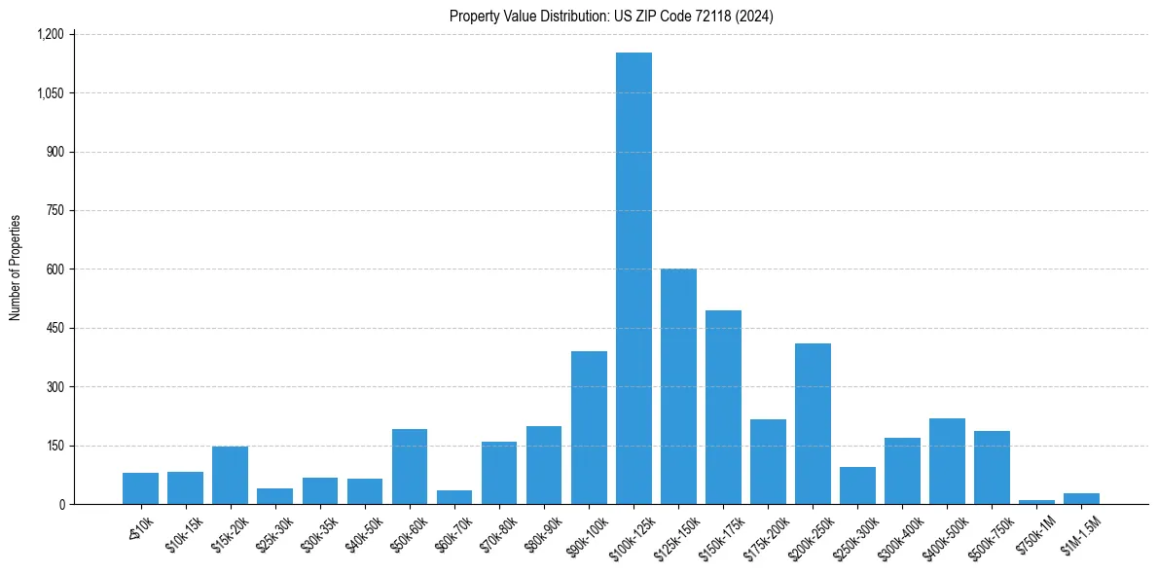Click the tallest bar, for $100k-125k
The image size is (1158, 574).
click(x=633, y=278)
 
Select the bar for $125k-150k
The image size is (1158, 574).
click(x=678, y=386)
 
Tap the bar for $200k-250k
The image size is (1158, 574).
click(x=813, y=424)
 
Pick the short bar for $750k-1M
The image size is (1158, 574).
click(x=1036, y=502)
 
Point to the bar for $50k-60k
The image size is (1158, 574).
click(x=410, y=467)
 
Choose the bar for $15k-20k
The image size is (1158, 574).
click(x=230, y=476)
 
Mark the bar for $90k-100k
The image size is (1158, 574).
click(x=589, y=428)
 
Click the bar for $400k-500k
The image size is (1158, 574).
click(x=947, y=461)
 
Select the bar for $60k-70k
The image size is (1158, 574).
click(x=454, y=497)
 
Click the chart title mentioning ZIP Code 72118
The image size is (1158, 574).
click(x=611, y=16)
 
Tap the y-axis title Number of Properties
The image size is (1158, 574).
click(x=15, y=268)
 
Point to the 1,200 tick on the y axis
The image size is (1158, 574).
click(x=50, y=34)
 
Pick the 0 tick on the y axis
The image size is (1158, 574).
click(x=61, y=504)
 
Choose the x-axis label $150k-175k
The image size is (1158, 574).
click(x=720, y=533)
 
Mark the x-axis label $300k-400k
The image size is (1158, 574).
click(x=899, y=533)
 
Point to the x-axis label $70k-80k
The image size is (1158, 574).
click(x=499, y=531)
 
